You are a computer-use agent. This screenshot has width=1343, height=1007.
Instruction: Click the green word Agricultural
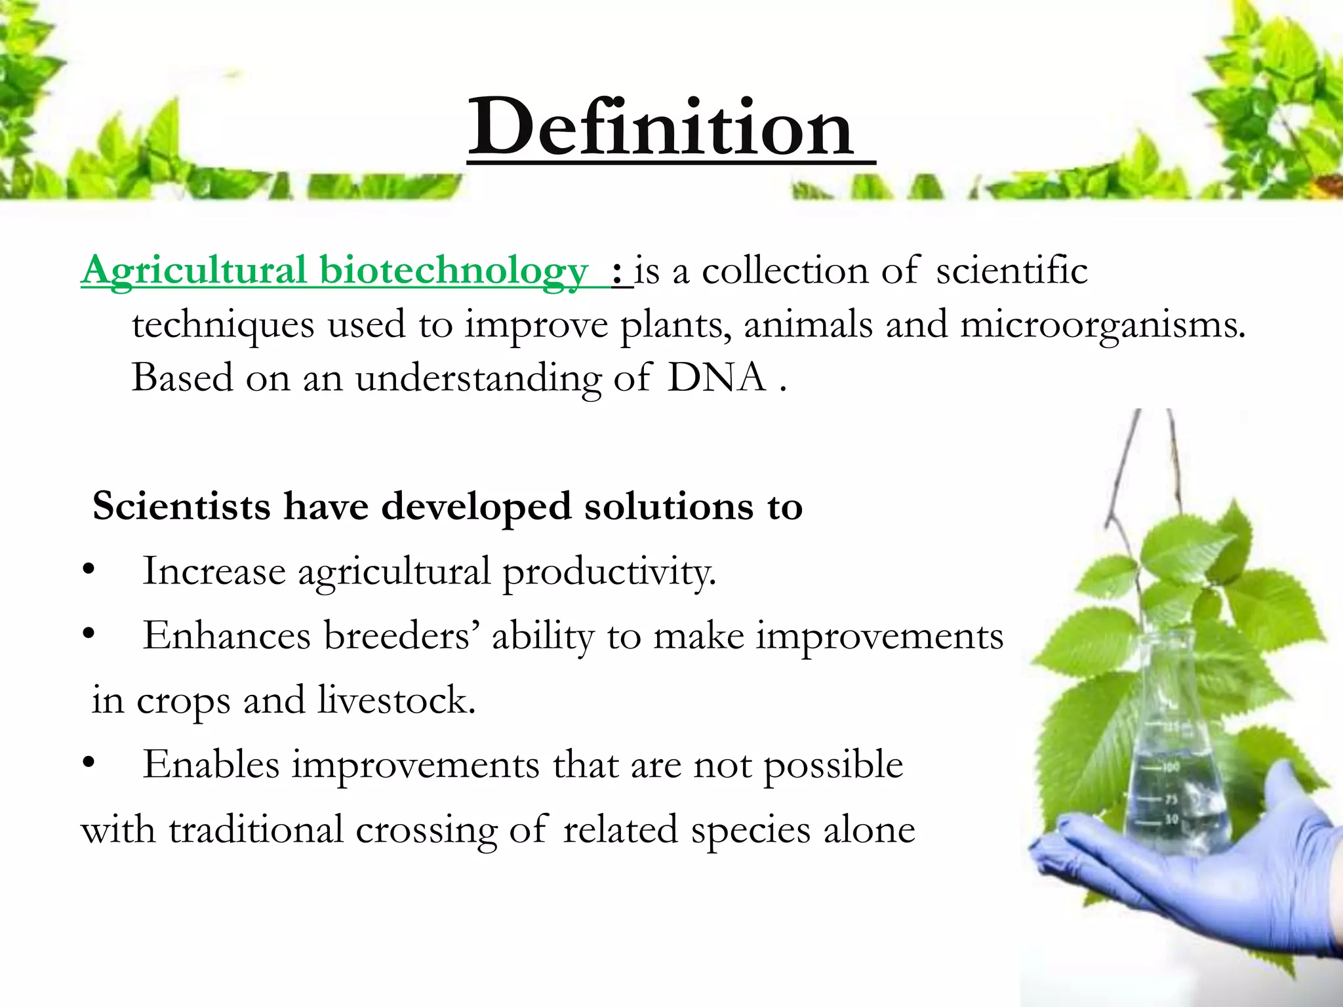tap(194, 271)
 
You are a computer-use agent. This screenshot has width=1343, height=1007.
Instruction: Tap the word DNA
tap(716, 378)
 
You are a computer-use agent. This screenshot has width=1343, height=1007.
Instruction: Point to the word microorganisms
tap(1102, 325)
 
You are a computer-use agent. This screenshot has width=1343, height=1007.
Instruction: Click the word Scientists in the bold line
tap(182, 507)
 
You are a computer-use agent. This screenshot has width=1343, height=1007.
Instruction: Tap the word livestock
tap(396, 700)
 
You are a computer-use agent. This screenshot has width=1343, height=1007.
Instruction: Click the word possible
tap(833, 765)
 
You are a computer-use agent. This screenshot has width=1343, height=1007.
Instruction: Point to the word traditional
tap(256, 830)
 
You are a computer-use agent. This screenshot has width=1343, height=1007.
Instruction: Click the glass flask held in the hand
tap(1174, 774)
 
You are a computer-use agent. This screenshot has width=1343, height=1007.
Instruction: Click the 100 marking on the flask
tap(1171, 766)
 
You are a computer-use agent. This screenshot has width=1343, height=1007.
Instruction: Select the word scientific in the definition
tap(1011, 271)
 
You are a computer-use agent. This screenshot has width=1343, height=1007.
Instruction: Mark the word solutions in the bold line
tap(668, 507)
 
